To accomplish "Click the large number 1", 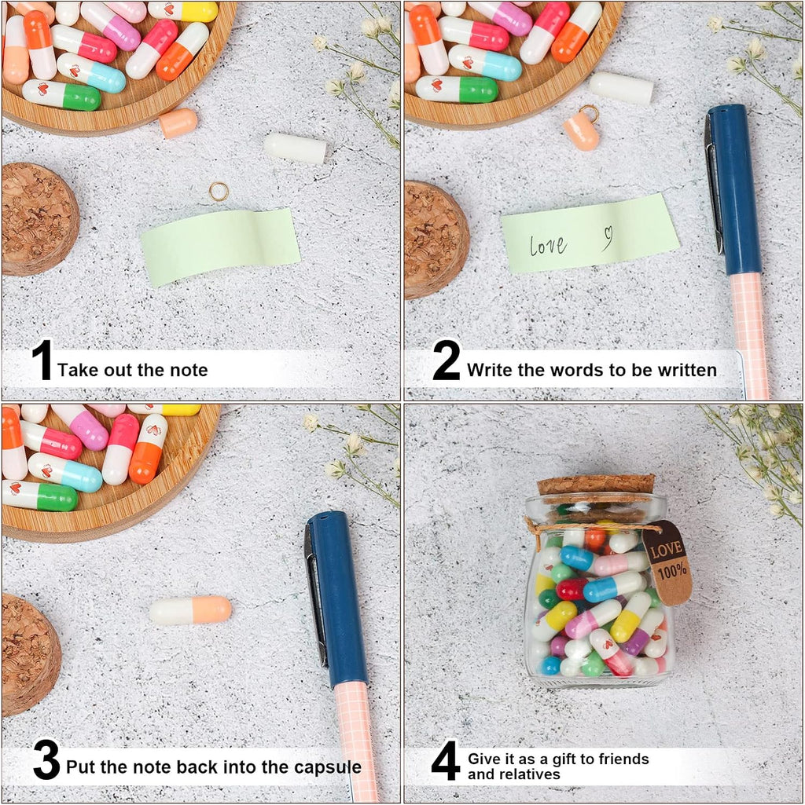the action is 42,360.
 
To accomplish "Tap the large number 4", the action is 445,760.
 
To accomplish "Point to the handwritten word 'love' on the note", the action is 548,245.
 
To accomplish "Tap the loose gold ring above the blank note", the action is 219,192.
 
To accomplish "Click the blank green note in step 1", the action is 220,247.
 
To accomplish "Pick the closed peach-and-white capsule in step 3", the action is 191,610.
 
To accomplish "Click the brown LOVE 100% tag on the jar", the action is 667,562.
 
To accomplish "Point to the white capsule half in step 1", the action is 296,148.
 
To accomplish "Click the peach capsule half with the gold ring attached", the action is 582,131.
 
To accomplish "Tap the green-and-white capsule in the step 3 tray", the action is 39,496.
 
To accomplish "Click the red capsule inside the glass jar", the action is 572,589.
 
